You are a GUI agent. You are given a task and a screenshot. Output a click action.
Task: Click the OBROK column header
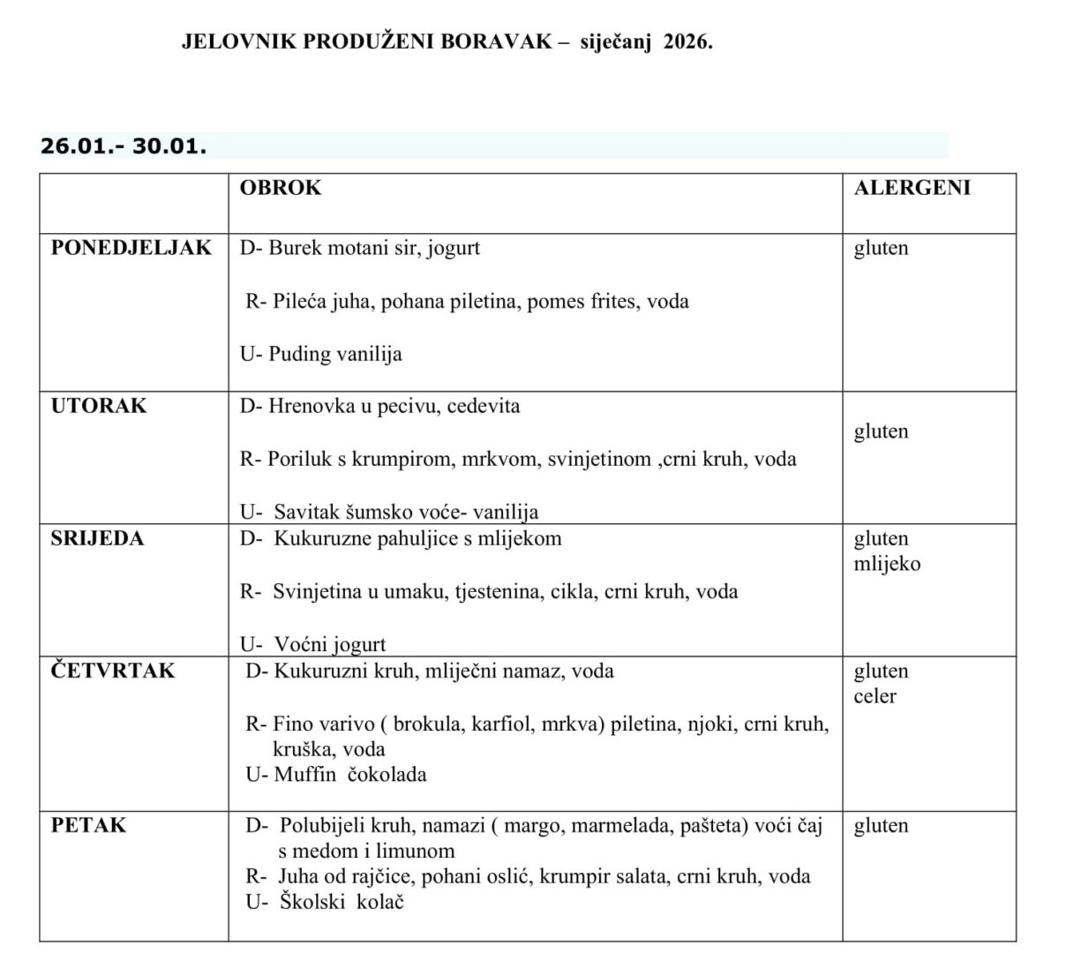point(281,188)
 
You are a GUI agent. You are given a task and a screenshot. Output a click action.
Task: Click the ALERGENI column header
point(912,188)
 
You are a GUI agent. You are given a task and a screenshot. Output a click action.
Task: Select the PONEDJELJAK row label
point(131,248)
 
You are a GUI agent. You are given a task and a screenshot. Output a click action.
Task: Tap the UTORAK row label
point(99,407)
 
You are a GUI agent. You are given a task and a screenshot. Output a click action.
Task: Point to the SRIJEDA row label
point(97,539)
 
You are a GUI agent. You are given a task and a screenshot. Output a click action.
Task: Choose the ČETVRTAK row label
point(113,672)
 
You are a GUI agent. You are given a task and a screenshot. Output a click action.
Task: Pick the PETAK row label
point(88,826)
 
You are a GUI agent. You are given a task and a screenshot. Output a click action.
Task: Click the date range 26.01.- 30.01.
point(124,146)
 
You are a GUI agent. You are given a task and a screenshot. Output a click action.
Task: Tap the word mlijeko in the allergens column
point(887,564)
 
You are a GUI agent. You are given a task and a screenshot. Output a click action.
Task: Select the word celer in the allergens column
point(875,696)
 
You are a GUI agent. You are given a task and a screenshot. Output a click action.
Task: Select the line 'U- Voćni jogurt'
point(313,645)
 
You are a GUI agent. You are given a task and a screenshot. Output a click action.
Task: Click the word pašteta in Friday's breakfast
point(710,826)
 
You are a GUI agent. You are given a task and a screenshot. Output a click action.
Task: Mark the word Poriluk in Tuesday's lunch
point(299,460)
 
